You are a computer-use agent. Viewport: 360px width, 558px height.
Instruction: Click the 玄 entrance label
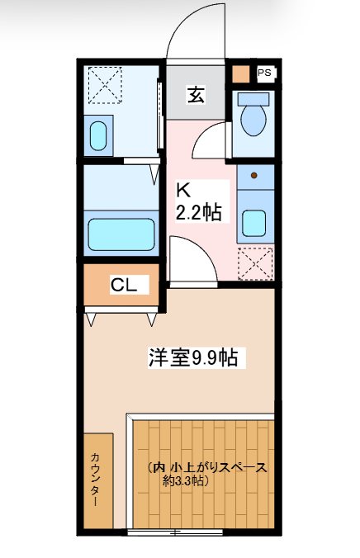(x=196, y=95)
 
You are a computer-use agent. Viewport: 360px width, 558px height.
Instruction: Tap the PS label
(x=264, y=73)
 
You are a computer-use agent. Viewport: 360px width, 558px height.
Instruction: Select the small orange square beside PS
(x=239, y=73)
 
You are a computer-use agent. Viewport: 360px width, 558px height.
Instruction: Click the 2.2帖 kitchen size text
(x=197, y=212)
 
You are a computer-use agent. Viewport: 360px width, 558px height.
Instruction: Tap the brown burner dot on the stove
(x=254, y=176)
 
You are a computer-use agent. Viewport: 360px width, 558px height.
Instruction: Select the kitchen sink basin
(x=253, y=222)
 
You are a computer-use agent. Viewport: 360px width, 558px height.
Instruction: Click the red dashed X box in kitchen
(x=253, y=264)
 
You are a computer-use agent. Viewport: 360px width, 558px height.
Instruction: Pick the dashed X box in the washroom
(x=105, y=84)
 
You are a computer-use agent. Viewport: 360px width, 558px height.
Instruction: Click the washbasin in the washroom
(x=99, y=136)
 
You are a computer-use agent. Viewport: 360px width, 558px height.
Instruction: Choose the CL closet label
(x=124, y=286)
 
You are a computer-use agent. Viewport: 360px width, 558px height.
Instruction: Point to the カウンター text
(x=97, y=480)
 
